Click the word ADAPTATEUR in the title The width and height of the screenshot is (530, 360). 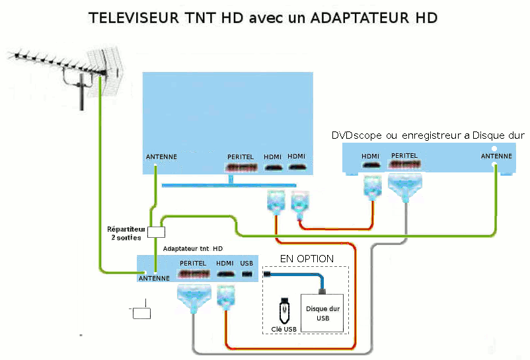[x=359, y=18]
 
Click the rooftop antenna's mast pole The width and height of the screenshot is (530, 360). [x=81, y=92]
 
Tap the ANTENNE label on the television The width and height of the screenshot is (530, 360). [x=161, y=157]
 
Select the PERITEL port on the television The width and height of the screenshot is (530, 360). [x=241, y=168]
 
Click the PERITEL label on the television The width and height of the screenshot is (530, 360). [x=241, y=157]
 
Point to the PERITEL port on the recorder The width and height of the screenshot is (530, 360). [x=404, y=164]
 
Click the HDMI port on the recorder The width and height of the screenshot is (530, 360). [x=371, y=165]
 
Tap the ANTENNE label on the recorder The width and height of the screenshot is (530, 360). [x=496, y=156]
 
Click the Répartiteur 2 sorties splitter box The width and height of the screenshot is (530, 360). [x=157, y=232]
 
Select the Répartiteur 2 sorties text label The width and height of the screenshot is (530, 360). [x=126, y=233]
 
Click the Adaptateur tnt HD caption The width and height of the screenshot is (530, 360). [x=193, y=249]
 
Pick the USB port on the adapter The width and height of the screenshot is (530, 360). [x=247, y=274]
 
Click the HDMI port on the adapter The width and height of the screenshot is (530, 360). [x=225, y=274]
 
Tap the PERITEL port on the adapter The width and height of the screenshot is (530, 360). [x=194, y=273]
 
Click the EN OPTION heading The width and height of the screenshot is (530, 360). [x=307, y=259]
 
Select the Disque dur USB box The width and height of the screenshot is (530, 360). [x=322, y=313]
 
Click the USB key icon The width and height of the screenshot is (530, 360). [x=285, y=310]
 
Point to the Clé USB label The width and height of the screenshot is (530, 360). [x=284, y=329]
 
